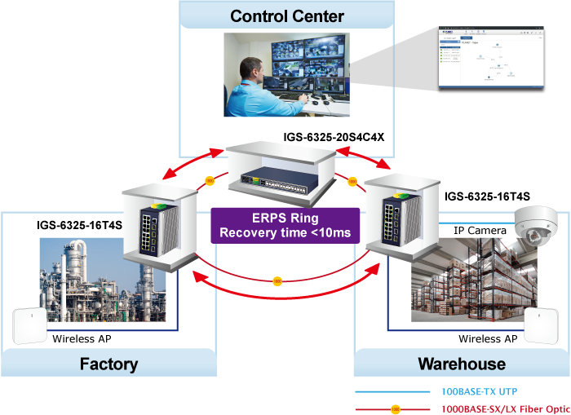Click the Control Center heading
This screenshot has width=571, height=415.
[x=287, y=16]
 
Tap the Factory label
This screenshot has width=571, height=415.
[x=108, y=364]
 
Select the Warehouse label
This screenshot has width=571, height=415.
[x=462, y=364]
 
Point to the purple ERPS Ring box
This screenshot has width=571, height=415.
[x=285, y=226]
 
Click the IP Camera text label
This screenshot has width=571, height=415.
[x=480, y=231]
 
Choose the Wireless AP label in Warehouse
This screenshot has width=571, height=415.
[x=488, y=338]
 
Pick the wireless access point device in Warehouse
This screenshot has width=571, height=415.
[x=545, y=327]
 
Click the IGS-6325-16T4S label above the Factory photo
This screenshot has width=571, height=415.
[x=79, y=224]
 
